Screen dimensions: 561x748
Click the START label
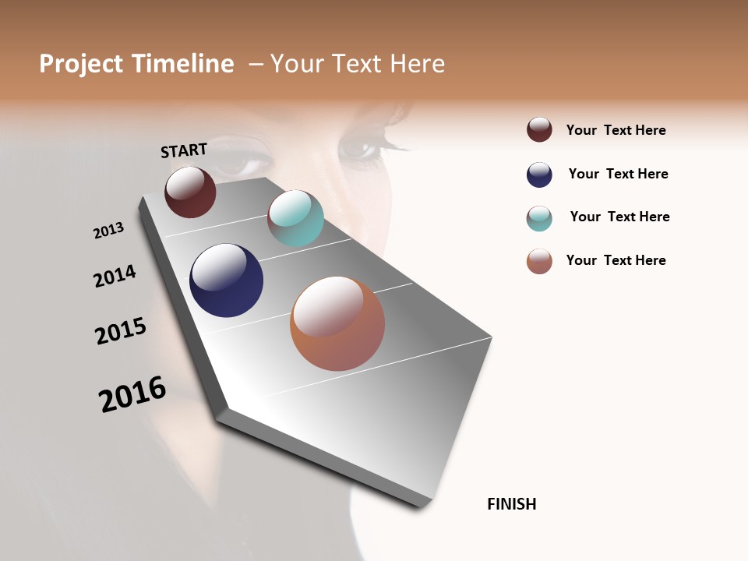tap(184, 150)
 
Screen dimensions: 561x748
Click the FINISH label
tap(512, 504)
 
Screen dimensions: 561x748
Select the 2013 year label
tap(109, 230)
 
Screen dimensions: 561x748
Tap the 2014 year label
tap(115, 276)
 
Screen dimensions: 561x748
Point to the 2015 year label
tap(121, 331)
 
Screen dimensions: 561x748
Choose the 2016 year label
tap(132, 393)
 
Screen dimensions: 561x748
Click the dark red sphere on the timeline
tap(190, 192)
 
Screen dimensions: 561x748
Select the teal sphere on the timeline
tap(295, 217)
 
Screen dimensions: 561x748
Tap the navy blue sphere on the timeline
tap(226, 280)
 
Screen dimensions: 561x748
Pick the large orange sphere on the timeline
tap(337, 323)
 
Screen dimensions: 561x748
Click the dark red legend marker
tap(539, 129)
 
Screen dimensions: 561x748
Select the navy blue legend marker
tap(539, 175)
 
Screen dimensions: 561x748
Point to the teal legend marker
tap(539, 218)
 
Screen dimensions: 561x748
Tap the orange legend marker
tap(539, 261)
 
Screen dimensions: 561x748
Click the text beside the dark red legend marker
tap(616, 130)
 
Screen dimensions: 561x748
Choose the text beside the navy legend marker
tap(618, 174)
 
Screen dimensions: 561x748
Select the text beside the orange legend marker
tap(616, 260)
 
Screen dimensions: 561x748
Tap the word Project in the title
tap(81, 64)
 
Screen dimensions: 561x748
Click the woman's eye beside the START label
tap(243, 160)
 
